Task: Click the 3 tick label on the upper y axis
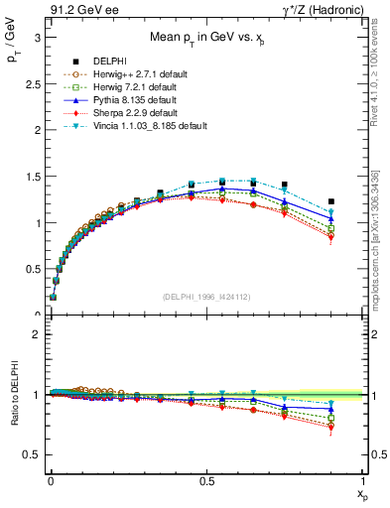click(36, 37)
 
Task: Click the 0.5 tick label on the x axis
click(206, 480)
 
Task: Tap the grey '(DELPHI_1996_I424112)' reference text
click(205, 297)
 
